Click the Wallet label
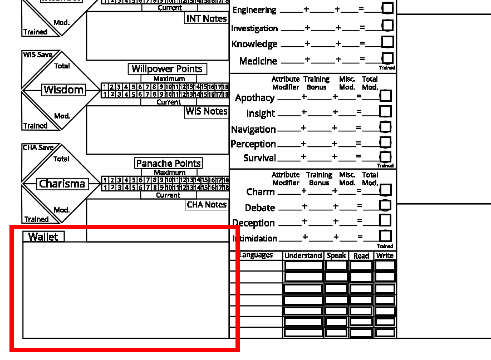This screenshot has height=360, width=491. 43,237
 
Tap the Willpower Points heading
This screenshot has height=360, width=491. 167,69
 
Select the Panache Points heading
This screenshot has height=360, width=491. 169,163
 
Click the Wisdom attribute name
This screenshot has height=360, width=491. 63,90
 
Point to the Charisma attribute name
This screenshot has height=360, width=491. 62,184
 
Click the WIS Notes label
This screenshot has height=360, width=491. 207,111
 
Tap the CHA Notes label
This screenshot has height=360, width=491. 207,205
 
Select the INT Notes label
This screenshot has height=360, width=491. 207,18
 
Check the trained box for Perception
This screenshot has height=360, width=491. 385,142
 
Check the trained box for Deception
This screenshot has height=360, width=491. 385,221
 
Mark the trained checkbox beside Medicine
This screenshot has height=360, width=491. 387,58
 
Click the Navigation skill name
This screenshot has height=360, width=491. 253,129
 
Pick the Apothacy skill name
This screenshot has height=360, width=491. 255,98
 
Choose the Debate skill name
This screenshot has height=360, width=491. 260,208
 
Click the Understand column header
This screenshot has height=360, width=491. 303,256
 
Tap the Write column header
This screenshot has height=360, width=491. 385,256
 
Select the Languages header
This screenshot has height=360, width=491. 256,255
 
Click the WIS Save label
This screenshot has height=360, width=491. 38,55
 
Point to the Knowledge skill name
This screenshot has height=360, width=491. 254,44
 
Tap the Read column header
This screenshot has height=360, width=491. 361,256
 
